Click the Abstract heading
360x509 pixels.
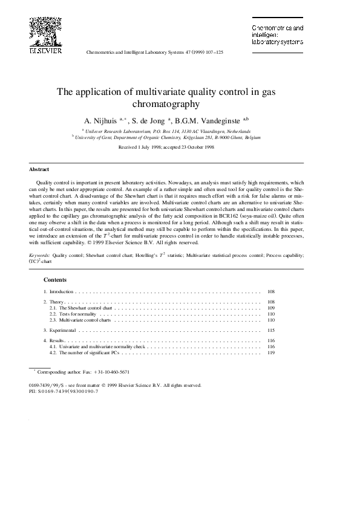pos(39,169)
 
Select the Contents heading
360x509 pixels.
pos(55,280)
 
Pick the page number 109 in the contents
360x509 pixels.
pos(270,308)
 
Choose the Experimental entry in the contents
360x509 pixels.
pos(63,331)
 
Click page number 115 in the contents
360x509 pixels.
pos(270,331)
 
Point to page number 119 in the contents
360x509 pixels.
pos(270,353)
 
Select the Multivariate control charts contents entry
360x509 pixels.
pos(85,320)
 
